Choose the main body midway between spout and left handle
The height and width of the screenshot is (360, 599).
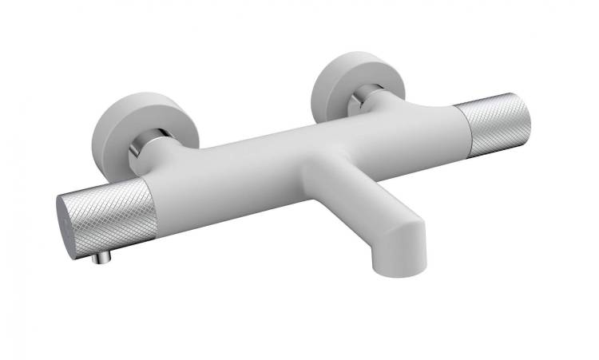pos(232,180)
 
